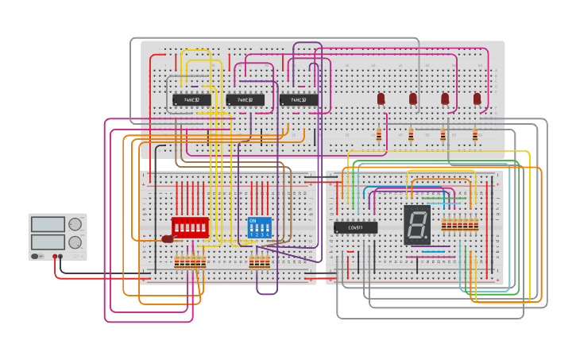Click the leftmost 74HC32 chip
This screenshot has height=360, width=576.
pyautogui.click(x=191, y=100)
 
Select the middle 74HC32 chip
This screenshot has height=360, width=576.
pyautogui.click(x=245, y=100)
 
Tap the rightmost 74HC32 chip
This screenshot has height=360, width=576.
pyautogui.click(x=299, y=100)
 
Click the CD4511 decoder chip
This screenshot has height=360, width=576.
pyautogui.click(x=355, y=227)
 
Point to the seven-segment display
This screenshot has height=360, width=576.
pyautogui.click(x=417, y=224)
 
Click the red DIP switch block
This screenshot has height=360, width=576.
pyautogui.click(x=190, y=227)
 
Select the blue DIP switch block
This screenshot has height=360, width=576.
pyautogui.click(x=260, y=227)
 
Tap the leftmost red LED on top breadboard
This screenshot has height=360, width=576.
pyautogui.click(x=381, y=99)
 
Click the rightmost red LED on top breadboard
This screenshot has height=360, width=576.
pyautogui.click(x=477, y=99)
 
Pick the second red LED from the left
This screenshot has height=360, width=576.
pyautogui.click(x=413, y=99)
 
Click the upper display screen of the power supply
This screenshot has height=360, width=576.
pyautogui.click(x=48, y=224)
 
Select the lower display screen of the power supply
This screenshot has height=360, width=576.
pyautogui.click(x=48, y=242)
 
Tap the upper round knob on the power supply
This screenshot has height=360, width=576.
pyautogui.click(x=75, y=224)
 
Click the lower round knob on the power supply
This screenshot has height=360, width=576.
pyautogui.click(x=75, y=242)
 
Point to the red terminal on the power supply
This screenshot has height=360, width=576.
pyautogui.click(x=55, y=257)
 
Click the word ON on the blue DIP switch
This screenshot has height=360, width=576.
pyautogui.click(x=253, y=220)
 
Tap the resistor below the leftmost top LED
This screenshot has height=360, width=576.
pyautogui.click(x=379, y=135)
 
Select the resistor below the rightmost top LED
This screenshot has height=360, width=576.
pyautogui.click(x=475, y=135)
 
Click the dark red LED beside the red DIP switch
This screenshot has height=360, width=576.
pyautogui.click(x=168, y=238)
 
